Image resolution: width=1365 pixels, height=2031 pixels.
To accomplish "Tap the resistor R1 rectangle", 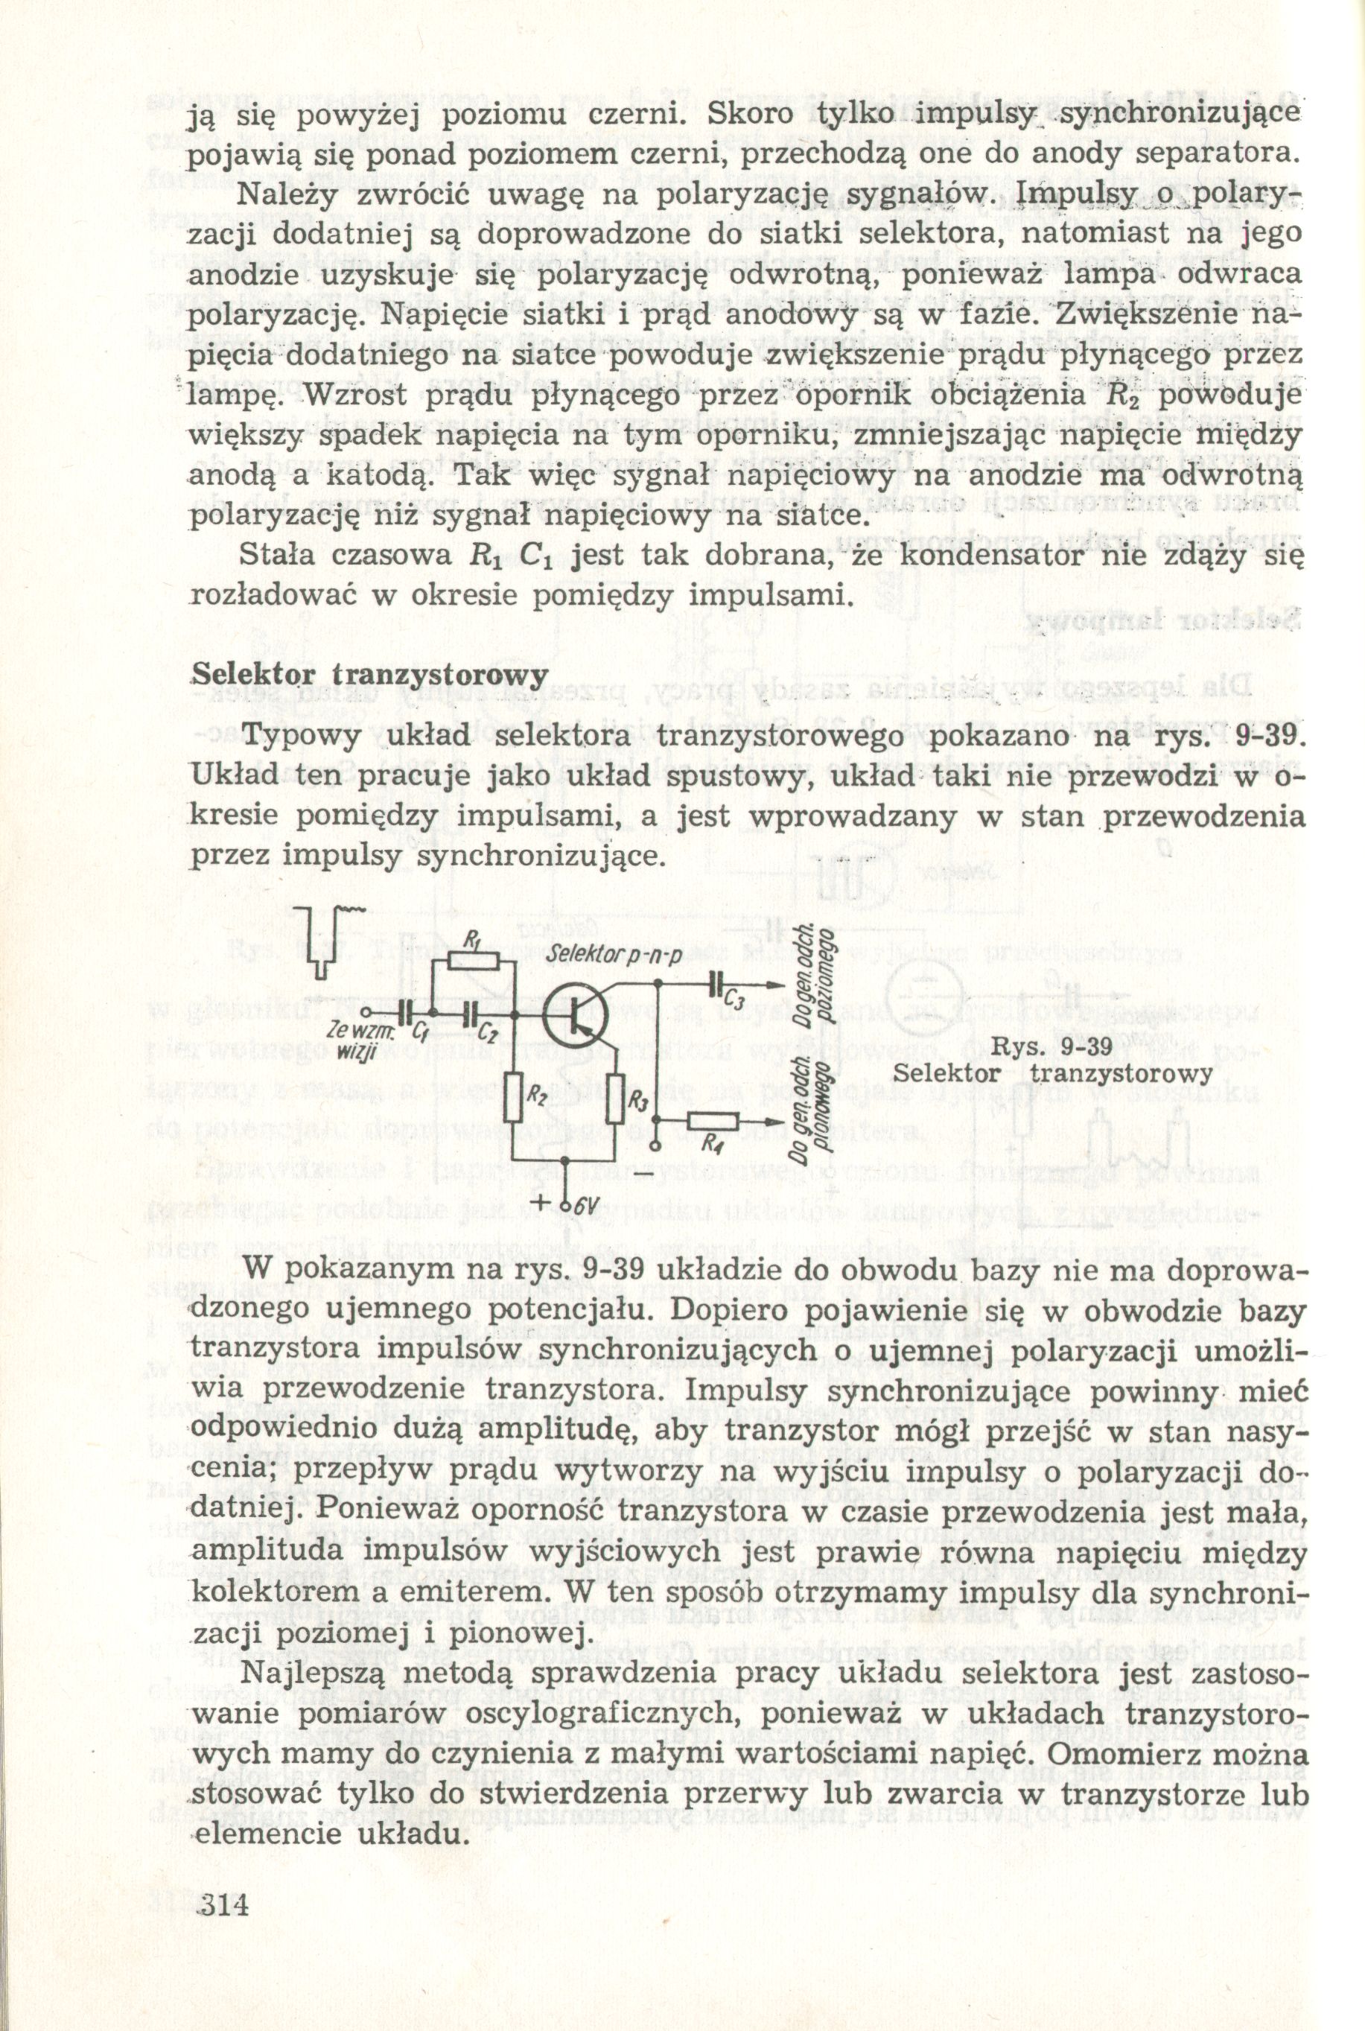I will tap(474, 960).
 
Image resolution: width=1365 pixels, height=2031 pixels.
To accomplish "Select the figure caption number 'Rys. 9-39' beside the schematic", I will tap(1052, 1047).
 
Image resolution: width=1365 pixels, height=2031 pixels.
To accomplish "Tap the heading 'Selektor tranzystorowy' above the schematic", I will tap(370, 675).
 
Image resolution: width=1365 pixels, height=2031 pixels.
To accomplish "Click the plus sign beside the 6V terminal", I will tap(546, 1205).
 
